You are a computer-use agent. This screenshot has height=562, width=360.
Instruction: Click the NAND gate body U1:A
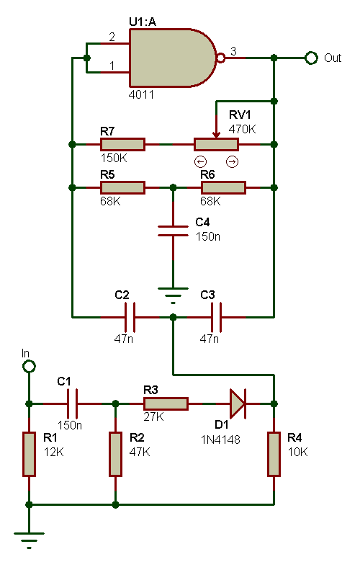coord(172,58)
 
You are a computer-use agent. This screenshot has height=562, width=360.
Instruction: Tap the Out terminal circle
coord(311,58)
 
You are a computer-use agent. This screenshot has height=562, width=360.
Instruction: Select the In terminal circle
coord(29,367)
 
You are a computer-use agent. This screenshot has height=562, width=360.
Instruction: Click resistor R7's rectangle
coord(122,144)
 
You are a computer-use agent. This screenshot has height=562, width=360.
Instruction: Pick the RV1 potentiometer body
coord(216,144)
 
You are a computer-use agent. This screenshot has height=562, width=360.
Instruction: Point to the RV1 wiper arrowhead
coord(216,135)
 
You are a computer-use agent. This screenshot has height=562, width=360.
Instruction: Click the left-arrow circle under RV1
coord(201,162)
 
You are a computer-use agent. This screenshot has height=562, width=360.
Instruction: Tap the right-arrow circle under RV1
coord(232,162)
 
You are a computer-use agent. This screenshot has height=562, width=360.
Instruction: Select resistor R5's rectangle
coord(122,187)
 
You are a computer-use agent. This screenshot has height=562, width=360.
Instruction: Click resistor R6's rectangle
coord(223,187)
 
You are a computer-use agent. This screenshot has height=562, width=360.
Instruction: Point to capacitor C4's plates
coord(173,231)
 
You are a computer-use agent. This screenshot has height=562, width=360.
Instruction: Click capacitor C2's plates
coord(130,317)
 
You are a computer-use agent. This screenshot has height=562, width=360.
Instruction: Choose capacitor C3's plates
coord(216,317)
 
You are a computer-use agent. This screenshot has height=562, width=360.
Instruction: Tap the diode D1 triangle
coord(238,403)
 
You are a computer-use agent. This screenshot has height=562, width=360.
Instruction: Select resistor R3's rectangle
coord(166,403)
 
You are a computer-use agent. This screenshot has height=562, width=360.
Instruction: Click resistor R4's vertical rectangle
coord(274,454)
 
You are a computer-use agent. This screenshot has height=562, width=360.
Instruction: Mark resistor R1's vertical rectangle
coord(29,454)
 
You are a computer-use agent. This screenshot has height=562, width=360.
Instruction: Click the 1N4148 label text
coord(220,440)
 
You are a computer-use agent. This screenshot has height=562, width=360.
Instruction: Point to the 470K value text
coord(242,129)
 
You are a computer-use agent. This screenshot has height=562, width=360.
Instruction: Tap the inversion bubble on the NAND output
coord(221,58)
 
